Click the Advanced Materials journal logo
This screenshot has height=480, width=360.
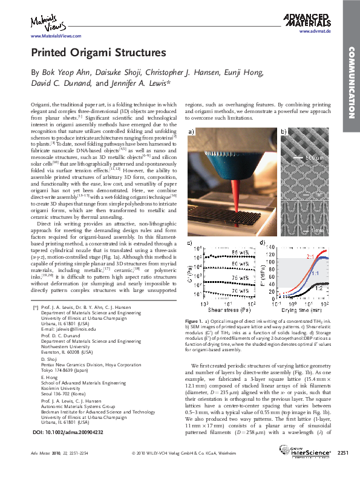308,18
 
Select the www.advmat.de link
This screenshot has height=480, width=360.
315,30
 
